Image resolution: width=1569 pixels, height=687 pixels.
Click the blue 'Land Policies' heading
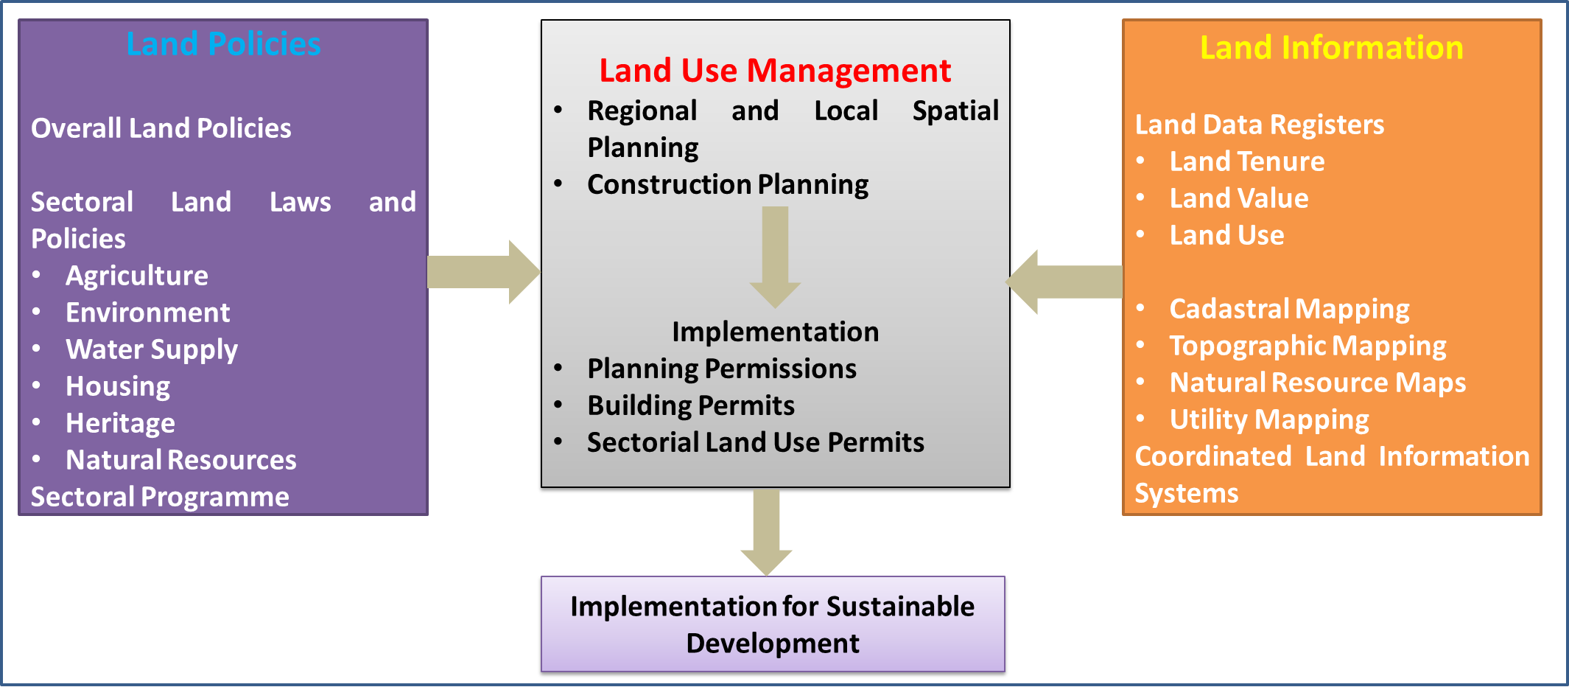pos(223,44)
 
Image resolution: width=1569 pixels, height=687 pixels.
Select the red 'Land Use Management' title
pos(775,71)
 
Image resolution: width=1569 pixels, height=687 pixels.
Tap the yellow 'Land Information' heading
pos(1331,48)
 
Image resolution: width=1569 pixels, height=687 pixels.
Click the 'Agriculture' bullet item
pos(137,276)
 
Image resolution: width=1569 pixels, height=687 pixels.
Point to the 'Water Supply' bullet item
pos(152,349)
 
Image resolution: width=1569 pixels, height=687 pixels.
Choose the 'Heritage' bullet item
pos(120,423)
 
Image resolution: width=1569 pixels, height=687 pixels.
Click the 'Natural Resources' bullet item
pos(181,460)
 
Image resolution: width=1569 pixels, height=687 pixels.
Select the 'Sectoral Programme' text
pos(160,497)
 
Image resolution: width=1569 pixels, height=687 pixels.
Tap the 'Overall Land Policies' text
pos(161,128)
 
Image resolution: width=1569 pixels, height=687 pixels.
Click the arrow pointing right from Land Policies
pos(483,272)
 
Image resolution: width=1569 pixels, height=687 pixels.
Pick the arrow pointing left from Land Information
pos(1065,282)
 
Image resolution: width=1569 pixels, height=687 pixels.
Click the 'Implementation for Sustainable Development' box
pos(773,624)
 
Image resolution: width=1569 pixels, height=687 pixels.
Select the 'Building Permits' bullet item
pos(691,405)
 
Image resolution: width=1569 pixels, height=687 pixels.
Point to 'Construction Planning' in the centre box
pos(728,184)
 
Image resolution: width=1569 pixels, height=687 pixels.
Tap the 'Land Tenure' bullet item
pos(1247,161)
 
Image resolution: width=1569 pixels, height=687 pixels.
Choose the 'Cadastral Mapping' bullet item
pos(1289,309)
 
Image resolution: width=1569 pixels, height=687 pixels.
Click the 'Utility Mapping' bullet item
pos(1269,419)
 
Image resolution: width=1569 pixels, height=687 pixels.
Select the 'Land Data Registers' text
pos(1259,125)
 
